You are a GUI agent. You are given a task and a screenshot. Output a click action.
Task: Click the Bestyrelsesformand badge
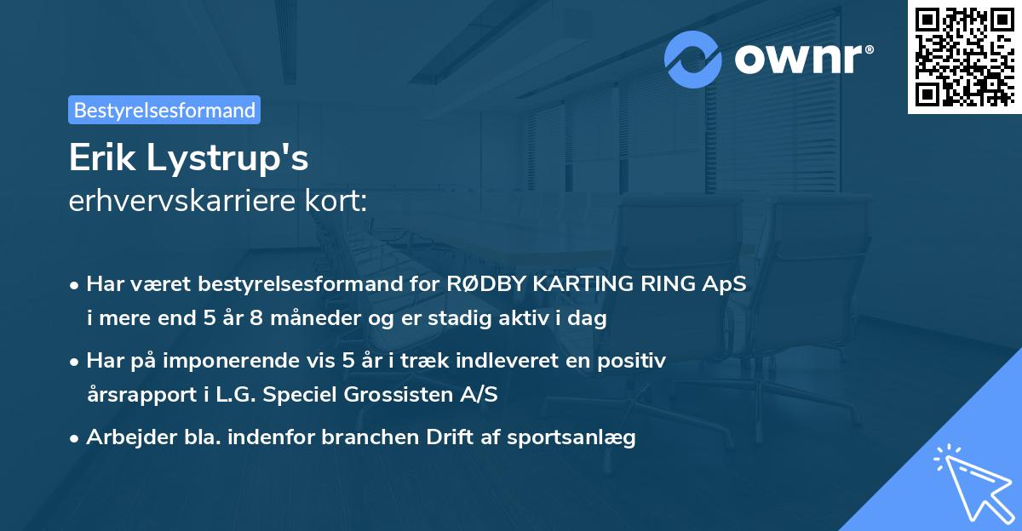pyautogui.click(x=164, y=110)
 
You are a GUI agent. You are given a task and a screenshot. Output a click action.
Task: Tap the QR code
pyautogui.click(x=964, y=56)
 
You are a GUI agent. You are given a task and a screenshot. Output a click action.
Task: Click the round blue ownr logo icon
pyautogui.click(x=693, y=60)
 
